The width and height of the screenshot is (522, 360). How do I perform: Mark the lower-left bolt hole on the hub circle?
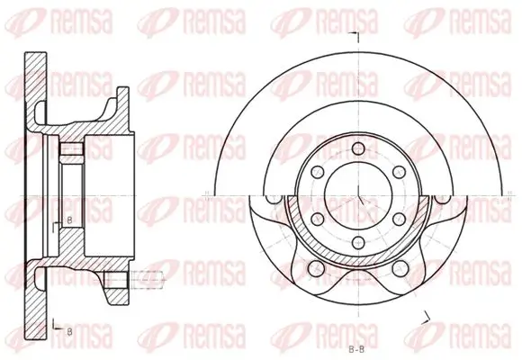click(316, 219)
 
